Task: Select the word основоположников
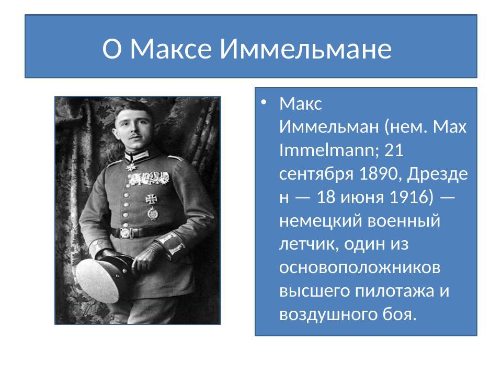[359, 267]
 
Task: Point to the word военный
[405, 221]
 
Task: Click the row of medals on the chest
[148, 179]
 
